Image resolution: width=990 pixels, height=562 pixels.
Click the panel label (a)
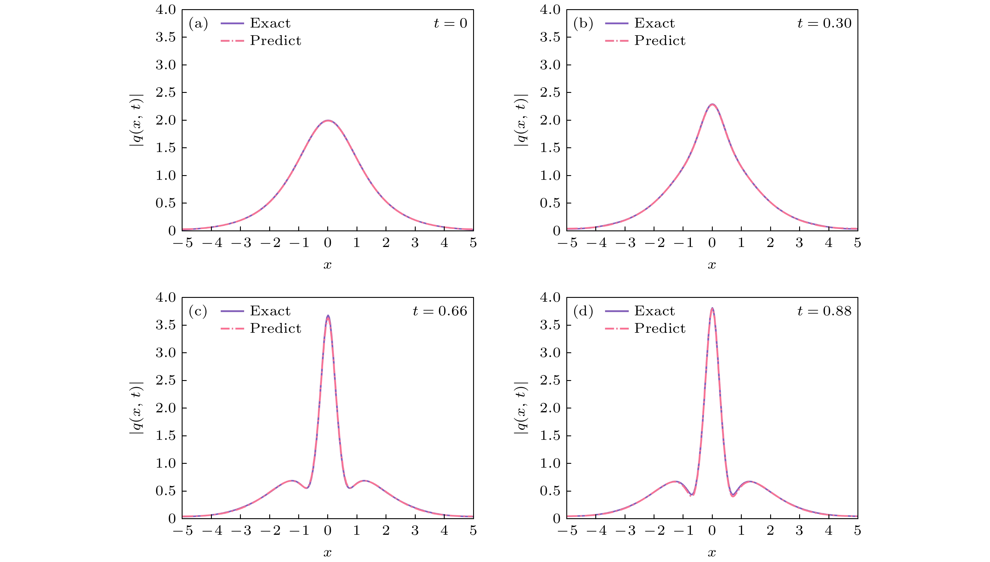[198, 24]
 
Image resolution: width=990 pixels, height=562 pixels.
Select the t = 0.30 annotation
[824, 24]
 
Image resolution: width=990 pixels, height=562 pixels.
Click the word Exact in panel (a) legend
[270, 23]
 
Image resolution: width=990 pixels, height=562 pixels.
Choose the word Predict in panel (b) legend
[660, 41]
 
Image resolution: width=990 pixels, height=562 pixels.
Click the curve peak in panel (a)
[328, 120]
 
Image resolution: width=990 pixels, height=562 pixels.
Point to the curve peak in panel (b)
[712, 104]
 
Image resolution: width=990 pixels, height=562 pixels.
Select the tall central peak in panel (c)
[328, 316]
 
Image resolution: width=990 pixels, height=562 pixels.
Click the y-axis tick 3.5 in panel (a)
[165, 38]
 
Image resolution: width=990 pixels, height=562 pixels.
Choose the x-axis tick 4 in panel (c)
[444, 531]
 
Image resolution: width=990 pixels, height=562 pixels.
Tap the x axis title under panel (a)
[328, 265]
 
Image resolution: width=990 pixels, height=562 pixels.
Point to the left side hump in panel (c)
[292, 481]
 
